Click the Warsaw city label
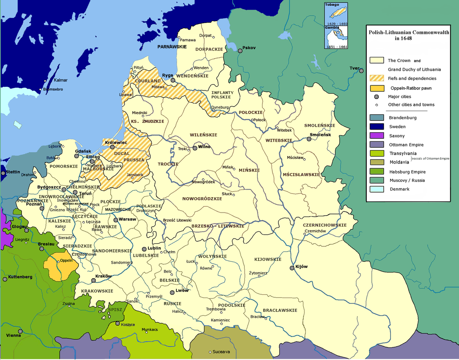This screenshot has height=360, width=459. pos(128,219)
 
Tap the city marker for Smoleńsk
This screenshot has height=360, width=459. pos(309,139)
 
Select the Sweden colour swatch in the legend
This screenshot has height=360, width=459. pos(376,126)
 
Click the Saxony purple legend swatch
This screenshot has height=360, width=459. pos(376,136)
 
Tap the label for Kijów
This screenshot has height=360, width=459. pos(302,267)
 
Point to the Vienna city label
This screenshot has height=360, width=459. pos(14,335)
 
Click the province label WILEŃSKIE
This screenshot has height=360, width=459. pos(203,135)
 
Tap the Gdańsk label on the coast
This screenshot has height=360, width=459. pos(83,151)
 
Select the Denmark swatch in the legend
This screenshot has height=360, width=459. pos(376,189)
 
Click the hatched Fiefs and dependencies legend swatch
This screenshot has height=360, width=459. pos(376,78)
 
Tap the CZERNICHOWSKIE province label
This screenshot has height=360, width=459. pos(324,225)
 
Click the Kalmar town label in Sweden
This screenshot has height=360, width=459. pos(60,80)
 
